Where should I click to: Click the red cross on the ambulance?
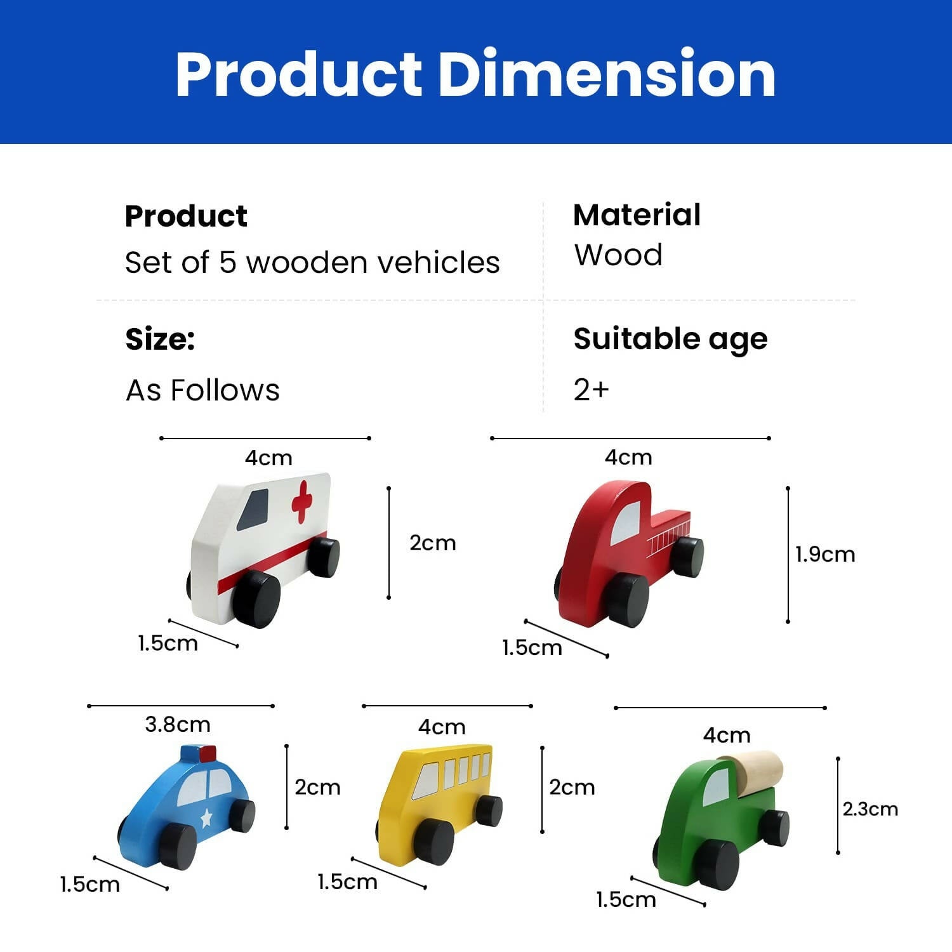[x=302, y=501]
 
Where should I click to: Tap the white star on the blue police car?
[x=206, y=817]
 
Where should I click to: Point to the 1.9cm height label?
[x=825, y=555]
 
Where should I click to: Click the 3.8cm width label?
[x=178, y=724]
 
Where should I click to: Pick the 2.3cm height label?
[x=870, y=809]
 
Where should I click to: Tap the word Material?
[x=637, y=215]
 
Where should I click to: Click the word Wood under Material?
[x=618, y=255]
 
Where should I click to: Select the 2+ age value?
[x=591, y=390]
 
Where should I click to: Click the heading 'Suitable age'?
[x=670, y=339]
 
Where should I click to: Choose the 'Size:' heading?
[x=160, y=339]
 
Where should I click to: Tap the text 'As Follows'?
[x=202, y=390]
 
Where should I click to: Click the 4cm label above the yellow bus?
[x=442, y=727]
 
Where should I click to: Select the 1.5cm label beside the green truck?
[x=626, y=899]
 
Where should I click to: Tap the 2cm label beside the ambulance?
[x=433, y=543]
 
